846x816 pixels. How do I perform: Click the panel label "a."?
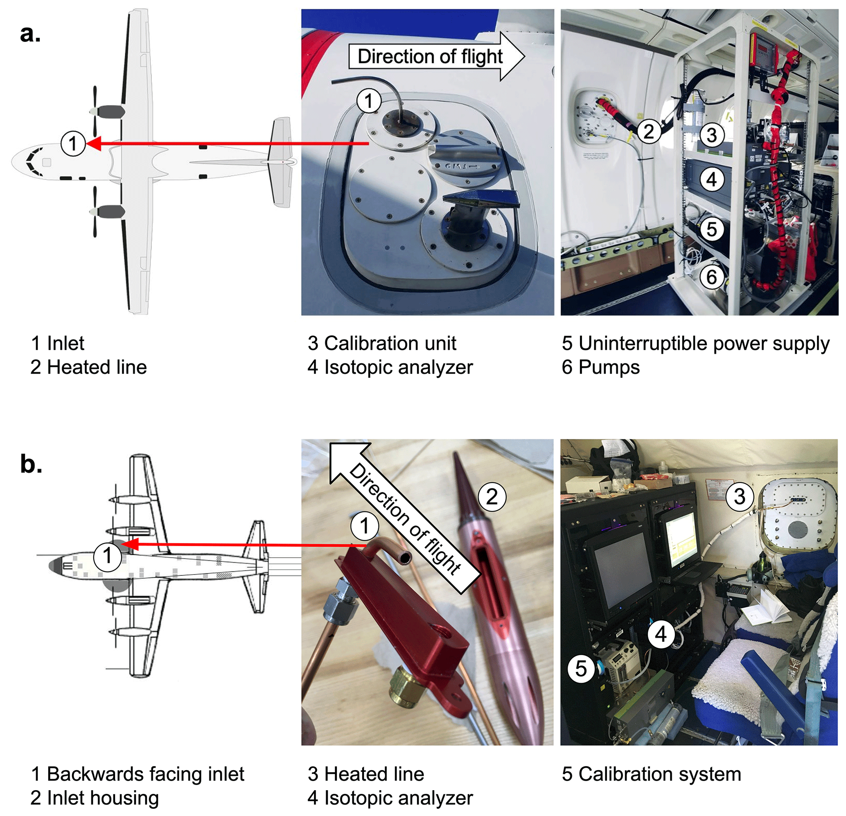30,34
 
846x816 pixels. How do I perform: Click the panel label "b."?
31,464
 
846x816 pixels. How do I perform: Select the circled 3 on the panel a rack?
712,135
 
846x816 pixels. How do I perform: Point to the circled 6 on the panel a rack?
712,277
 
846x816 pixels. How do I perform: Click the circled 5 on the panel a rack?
712,229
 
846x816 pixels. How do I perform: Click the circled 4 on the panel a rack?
712,179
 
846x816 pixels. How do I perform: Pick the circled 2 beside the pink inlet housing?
492,497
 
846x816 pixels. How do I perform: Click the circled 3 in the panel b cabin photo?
740,496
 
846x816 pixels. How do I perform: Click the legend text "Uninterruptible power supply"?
704,344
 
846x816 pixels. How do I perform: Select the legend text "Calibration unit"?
390,344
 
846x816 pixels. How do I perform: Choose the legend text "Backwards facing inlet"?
145,774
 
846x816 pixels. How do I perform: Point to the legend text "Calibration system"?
659,774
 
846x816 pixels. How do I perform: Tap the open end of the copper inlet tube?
406,559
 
